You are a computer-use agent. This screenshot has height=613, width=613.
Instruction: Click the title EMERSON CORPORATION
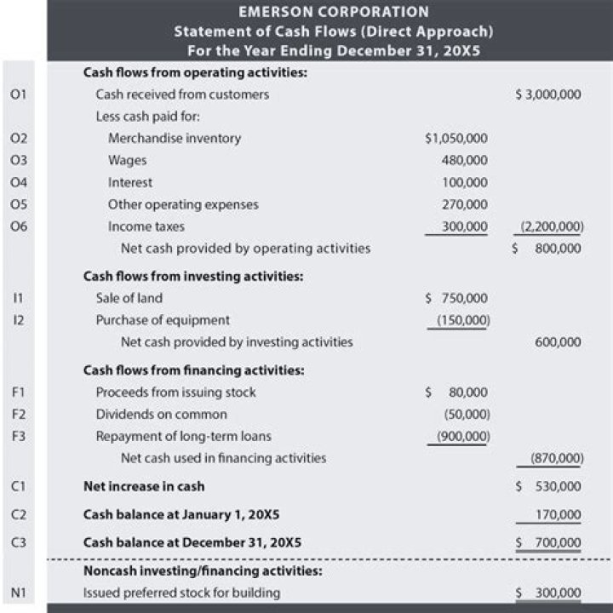coord(333,12)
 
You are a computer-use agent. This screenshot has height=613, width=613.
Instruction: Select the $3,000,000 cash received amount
coord(548,95)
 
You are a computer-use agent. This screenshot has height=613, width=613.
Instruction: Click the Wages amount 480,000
coord(465,160)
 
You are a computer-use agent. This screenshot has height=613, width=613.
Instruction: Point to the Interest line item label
coord(130,182)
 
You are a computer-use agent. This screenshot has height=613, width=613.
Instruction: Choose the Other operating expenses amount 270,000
coord(465,204)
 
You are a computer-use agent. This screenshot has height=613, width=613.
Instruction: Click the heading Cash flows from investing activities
coord(193,277)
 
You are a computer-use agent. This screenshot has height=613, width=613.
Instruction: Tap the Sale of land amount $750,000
coord(457,298)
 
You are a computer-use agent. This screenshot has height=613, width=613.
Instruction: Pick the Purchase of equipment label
coord(163,320)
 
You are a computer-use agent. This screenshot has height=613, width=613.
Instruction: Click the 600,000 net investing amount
coord(558,342)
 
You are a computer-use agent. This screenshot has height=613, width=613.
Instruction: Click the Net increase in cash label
coord(143,487)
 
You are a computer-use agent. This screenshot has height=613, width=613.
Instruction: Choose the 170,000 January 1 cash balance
coord(558,514)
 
